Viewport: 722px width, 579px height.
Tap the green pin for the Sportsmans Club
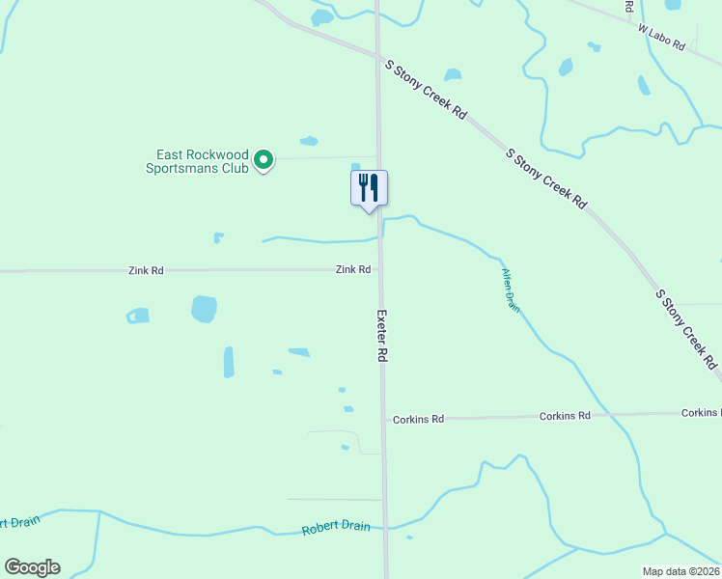263,161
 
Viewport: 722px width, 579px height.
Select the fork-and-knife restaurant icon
368,187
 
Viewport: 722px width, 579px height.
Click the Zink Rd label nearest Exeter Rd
353,270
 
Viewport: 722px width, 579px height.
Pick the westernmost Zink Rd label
146,271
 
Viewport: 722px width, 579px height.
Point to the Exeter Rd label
382,336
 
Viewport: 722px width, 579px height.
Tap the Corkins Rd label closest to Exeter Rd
418,419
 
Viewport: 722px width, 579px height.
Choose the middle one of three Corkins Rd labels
565,416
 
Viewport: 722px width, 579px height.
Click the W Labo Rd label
661,39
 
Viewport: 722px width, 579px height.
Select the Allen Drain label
511,290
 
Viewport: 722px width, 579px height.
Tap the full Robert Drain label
336,529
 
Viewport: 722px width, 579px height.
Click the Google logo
32,567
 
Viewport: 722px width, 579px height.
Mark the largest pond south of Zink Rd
204,309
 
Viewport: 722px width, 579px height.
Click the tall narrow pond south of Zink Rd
229,362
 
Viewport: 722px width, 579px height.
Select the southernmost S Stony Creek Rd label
686,328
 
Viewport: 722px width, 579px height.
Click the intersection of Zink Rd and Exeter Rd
379,270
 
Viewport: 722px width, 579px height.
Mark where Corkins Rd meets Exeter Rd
383,419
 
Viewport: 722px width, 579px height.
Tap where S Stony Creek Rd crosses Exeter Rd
377,55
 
